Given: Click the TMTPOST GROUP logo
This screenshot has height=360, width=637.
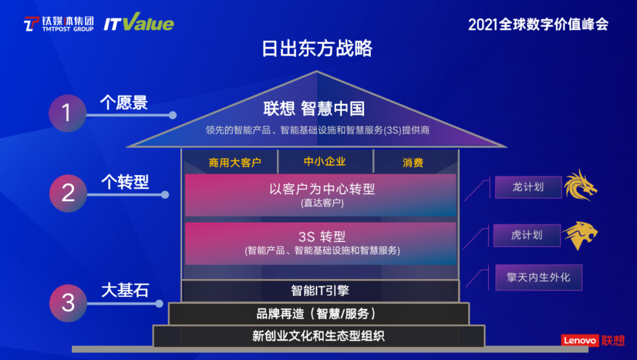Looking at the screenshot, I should (58, 24).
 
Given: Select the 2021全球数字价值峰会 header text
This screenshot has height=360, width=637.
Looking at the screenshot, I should (538, 24).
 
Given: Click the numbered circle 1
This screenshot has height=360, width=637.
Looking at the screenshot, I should (67, 112).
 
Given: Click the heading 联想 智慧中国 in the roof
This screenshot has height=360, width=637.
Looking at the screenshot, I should (314, 109).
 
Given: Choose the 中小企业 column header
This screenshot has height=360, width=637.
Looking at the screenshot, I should (325, 162).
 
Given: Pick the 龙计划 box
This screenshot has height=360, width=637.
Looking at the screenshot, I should (528, 187).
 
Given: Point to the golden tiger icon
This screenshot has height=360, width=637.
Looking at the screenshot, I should (580, 235).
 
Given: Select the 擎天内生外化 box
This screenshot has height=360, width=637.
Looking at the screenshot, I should (539, 277).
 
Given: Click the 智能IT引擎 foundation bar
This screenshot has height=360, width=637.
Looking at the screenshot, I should (321, 290).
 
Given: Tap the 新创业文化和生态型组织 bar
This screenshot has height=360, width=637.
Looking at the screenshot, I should (318, 336).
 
